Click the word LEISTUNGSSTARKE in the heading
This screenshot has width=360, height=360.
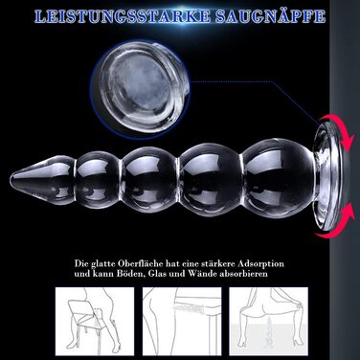pos(123,16)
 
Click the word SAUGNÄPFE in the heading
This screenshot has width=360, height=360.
pos(270,16)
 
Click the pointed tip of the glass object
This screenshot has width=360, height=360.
pos(11,179)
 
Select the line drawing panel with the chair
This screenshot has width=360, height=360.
pos(95,322)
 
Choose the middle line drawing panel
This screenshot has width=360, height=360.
pos(182,322)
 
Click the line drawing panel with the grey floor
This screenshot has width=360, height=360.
pos(269,322)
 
